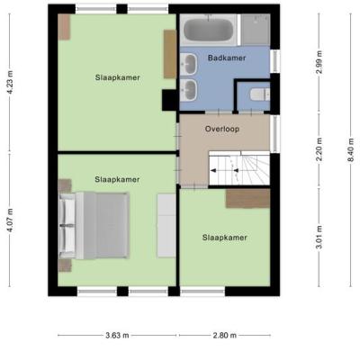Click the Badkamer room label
(227, 58)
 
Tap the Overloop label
(222, 129)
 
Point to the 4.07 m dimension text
(10, 220)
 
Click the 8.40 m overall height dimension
(351, 149)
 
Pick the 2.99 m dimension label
(319, 62)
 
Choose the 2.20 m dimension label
(319, 149)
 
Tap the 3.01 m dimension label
(319, 237)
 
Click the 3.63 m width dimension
(117, 335)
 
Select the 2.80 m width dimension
(225, 335)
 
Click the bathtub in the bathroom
(209, 30)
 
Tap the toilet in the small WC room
(260, 94)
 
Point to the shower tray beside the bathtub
(256, 30)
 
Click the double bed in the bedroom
(94, 226)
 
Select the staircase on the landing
(239, 168)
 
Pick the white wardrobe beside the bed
(166, 225)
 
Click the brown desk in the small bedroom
(247, 198)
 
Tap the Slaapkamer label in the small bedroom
(225, 238)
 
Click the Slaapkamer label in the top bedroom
(118, 77)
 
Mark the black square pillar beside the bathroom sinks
(169, 100)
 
